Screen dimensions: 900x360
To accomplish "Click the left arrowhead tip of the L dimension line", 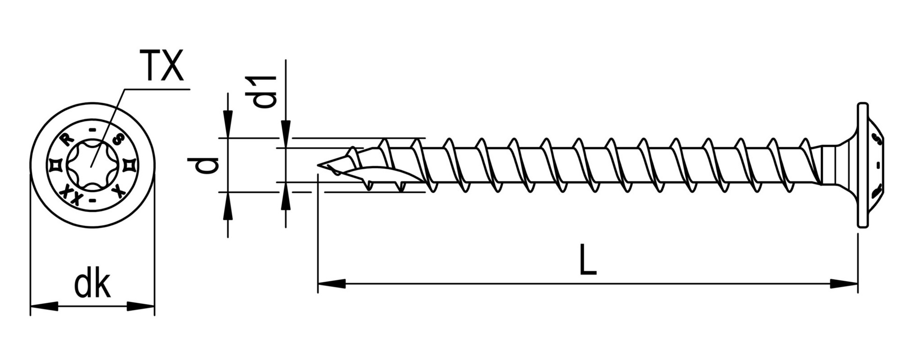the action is pos(318,284).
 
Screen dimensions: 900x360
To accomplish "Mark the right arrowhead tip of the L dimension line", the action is pos(858,284).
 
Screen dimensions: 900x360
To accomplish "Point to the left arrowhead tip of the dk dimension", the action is pos(30,307).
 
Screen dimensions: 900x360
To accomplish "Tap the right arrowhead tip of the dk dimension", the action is pos(154,307).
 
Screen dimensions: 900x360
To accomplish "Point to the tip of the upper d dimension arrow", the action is pos(228,138).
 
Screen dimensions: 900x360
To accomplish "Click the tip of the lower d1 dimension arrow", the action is pos(285,181).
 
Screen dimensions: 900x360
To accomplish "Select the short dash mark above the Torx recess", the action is pos(92,129).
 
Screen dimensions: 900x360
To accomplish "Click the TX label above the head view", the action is pos(163,66).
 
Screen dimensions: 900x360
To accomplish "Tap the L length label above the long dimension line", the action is pos(588,259).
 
